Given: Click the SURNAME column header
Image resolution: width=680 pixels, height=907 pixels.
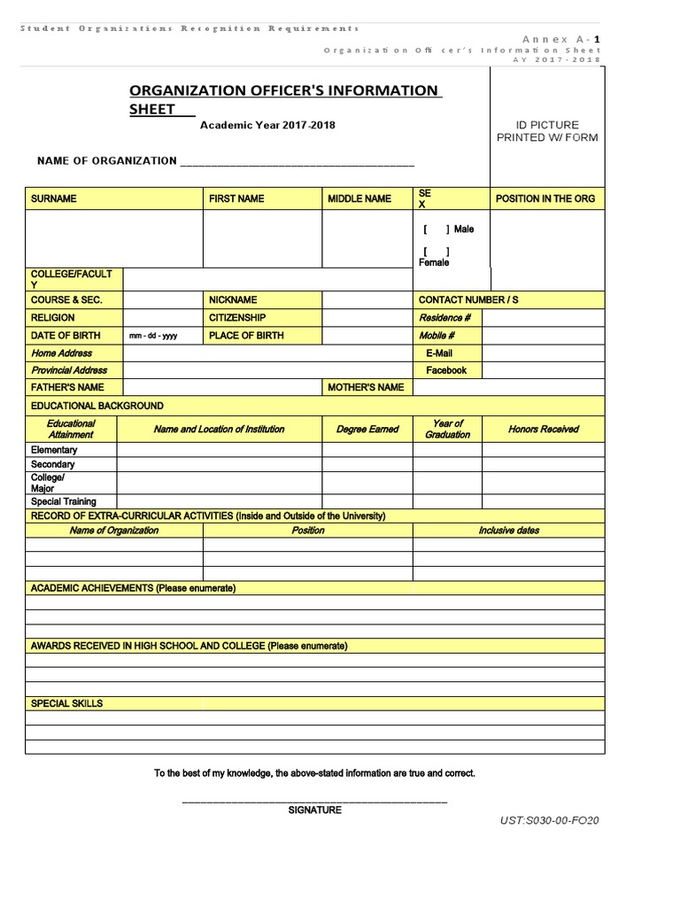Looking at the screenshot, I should (54, 198).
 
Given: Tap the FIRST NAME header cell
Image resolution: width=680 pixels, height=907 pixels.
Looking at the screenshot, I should (236, 198).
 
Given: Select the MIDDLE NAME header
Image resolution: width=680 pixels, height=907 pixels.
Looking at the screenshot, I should (359, 198).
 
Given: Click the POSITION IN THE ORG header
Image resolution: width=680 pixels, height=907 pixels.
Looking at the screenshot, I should (545, 198).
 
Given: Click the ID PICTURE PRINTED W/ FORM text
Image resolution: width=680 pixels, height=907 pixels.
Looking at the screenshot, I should (547, 131).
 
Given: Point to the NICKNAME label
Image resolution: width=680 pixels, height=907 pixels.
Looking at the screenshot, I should (233, 300).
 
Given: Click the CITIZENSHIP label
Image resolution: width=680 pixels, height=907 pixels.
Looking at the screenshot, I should (237, 317).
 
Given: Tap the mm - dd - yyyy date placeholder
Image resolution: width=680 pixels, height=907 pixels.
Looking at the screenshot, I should (153, 337).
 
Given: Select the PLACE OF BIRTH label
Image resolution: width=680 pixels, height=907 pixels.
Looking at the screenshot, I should (246, 336).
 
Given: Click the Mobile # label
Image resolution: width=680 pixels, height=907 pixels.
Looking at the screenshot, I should (437, 336).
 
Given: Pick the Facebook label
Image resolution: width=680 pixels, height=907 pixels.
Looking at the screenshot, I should (446, 370).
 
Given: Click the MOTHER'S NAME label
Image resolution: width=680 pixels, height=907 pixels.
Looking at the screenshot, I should (366, 387).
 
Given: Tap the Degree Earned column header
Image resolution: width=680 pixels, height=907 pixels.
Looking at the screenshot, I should (367, 430).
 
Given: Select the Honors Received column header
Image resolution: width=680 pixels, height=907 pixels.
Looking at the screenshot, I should (544, 430).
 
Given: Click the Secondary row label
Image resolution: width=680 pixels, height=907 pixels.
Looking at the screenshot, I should (53, 464).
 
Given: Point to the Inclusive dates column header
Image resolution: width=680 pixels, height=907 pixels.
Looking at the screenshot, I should (509, 531).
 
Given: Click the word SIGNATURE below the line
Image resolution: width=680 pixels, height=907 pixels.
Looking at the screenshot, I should (314, 810).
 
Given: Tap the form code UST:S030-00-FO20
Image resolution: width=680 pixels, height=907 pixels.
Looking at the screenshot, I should (550, 820).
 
